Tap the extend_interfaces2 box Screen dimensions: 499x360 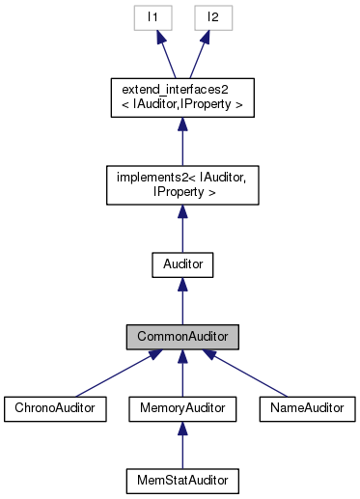coord(182,98)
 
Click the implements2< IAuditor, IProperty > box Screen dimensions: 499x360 coord(182,183)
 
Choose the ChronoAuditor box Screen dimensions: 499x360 coord(54,408)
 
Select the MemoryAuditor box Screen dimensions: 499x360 coord(182,408)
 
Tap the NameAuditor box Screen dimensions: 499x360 coord(307,408)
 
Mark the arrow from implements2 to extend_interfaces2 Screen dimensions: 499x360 coord(182,141)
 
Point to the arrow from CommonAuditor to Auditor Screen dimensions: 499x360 coord(182,300)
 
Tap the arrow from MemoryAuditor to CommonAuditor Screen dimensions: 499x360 coord(182,374)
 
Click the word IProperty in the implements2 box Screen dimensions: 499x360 coord(183,191)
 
